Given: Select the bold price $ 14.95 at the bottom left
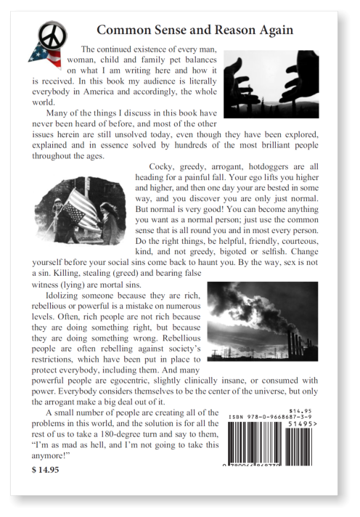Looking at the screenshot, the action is click(x=46, y=469).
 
